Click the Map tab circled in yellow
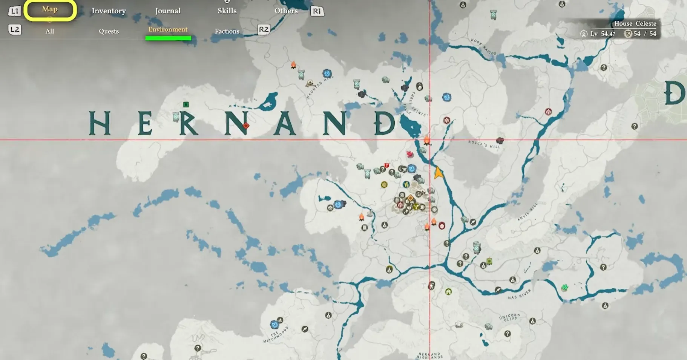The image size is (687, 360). click(x=50, y=10)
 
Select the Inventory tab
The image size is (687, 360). click(x=109, y=11)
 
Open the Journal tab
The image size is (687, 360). click(x=168, y=11)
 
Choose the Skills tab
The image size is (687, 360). click(x=227, y=11)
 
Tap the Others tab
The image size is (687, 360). click(x=286, y=11)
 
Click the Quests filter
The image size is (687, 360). click(x=109, y=31)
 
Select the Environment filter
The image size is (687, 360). click(x=168, y=30)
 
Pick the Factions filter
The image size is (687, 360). click(x=227, y=31)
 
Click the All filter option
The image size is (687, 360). click(x=50, y=31)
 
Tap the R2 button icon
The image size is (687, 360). click(x=264, y=29)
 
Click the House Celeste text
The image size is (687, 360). click(x=635, y=24)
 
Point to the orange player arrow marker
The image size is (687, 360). click(x=438, y=173)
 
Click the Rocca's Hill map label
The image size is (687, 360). click(x=484, y=144)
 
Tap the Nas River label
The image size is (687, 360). click(x=519, y=294)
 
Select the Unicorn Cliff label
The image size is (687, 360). click(x=509, y=317)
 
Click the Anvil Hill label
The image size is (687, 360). click(x=528, y=212)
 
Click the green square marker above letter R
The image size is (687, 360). click(x=186, y=104)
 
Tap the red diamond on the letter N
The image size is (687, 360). click(x=246, y=126)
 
